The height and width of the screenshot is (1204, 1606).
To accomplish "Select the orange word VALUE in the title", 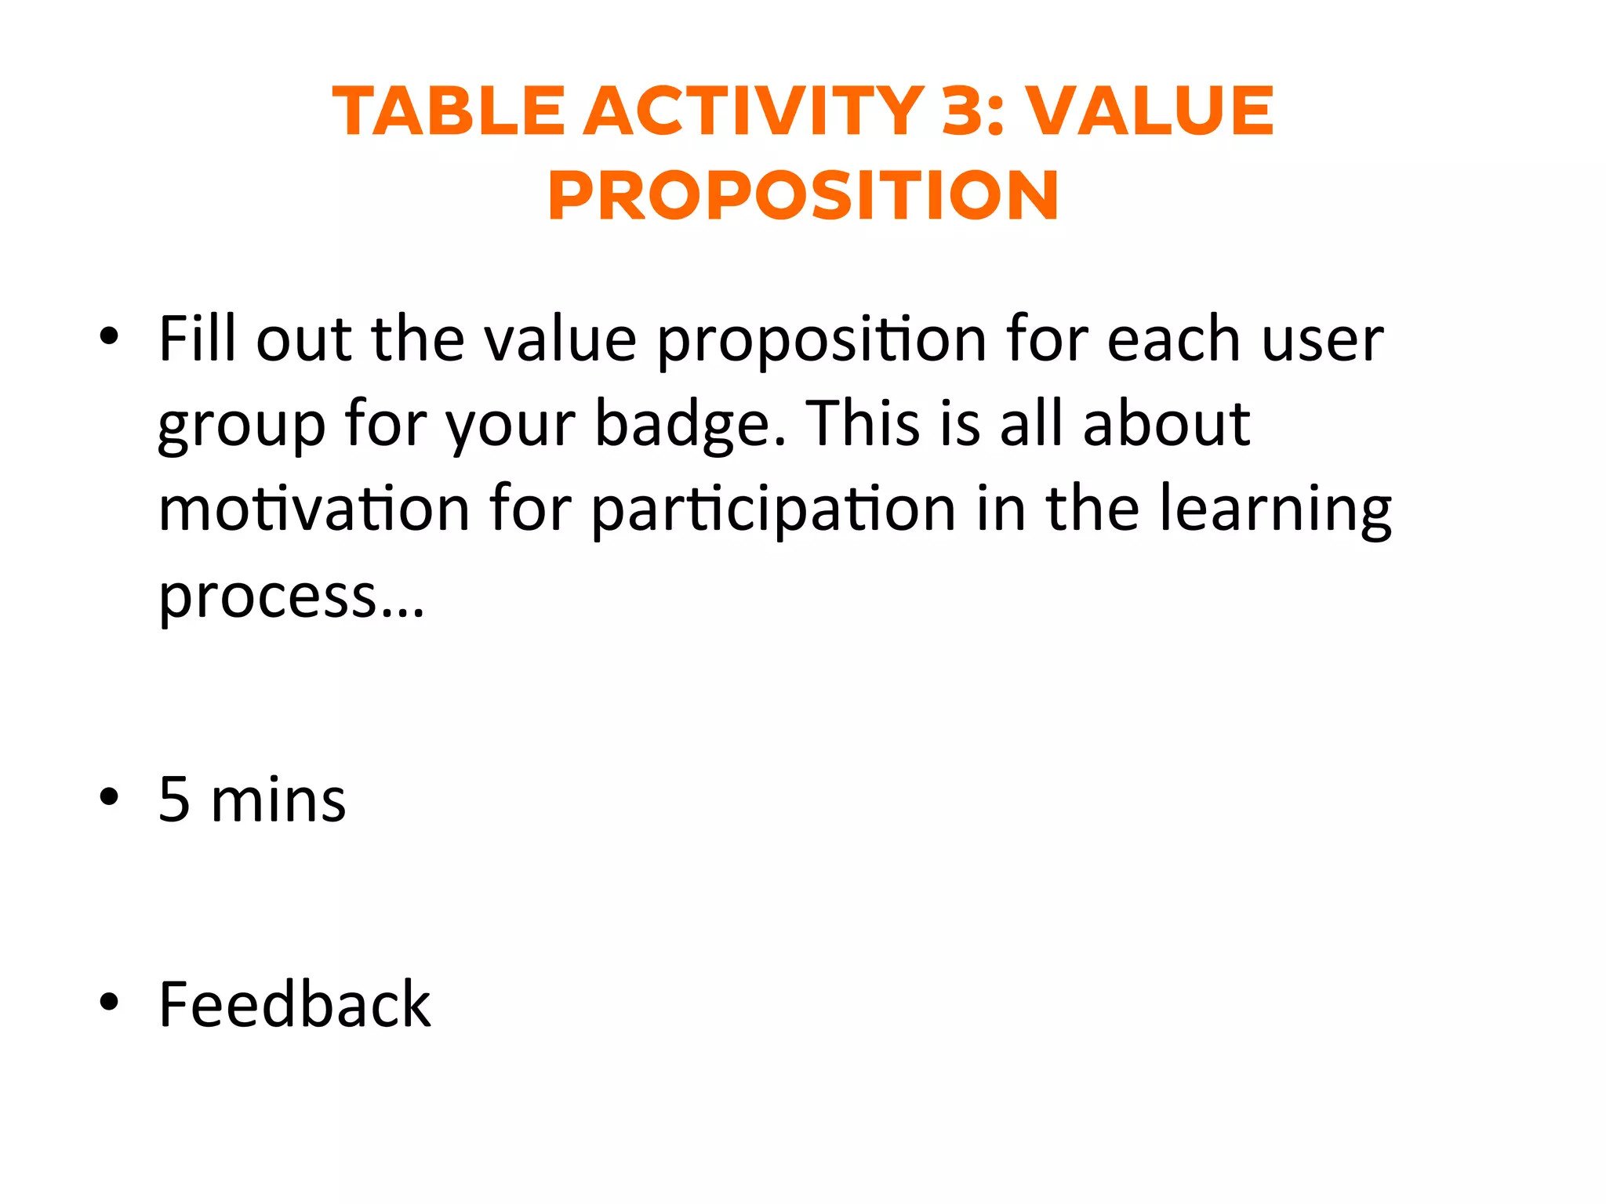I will click(1150, 111).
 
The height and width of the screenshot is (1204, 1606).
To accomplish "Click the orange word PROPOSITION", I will click(803, 196).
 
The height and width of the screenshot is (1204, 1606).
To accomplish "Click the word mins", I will click(278, 801).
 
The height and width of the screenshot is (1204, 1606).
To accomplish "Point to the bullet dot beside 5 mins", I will click(109, 796).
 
